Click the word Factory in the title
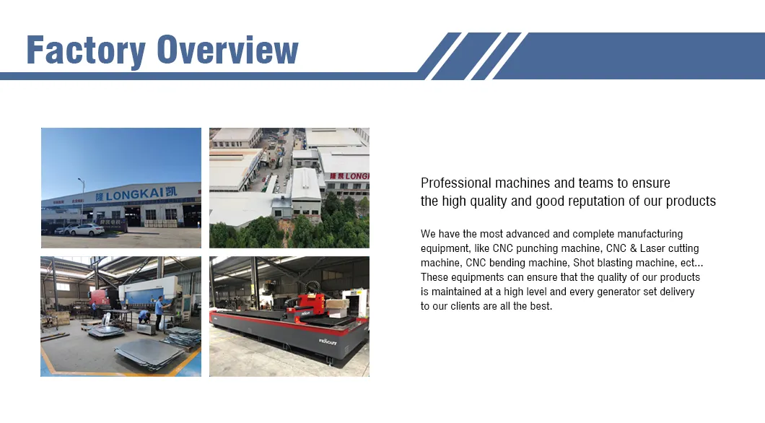[x=85, y=50]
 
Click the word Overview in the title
[x=228, y=50]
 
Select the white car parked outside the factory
[x=85, y=230]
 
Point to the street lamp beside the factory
[x=80, y=195]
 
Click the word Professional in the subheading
[x=456, y=183]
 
